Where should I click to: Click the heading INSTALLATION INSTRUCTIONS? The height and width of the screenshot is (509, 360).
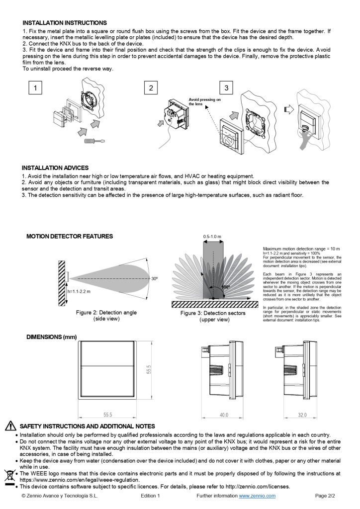click(x=65, y=23)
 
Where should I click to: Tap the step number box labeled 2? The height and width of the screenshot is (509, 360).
click(x=151, y=88)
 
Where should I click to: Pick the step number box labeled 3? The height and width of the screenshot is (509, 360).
click(x=226, y=88)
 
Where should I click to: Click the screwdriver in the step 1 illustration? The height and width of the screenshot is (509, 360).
click(x=94, y=142)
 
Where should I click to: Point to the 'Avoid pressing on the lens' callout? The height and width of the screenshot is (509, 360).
click(x=204, y=102)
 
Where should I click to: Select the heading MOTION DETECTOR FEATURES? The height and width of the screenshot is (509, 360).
click(x=70, y=236)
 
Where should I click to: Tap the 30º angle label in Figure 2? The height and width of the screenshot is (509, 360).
click(x=155, y=279)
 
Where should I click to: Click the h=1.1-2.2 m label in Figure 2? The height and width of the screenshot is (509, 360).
click(x=79, y=291)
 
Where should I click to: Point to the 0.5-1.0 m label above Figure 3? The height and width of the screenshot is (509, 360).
click(x=212, y=236)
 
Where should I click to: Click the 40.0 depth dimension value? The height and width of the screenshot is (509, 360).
click(x=224, y=415)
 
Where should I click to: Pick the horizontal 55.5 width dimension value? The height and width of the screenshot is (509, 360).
click(x=107, y=415)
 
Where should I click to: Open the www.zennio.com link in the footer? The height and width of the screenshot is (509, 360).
click(x=257, y=496)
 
